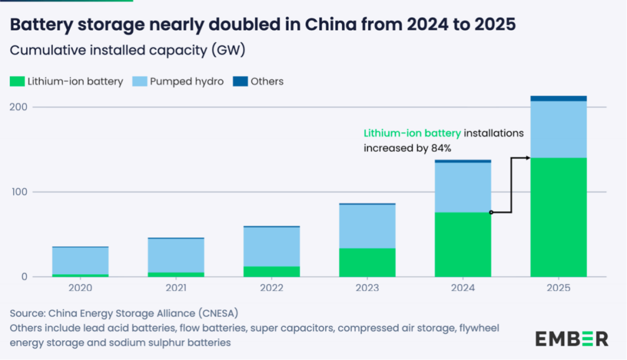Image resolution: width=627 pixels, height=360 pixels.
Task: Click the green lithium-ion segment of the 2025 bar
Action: tap(558, 217)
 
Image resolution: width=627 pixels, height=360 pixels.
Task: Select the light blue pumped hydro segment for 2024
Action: tap(463, 187)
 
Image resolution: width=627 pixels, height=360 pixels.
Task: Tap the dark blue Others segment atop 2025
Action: tap(558, 98)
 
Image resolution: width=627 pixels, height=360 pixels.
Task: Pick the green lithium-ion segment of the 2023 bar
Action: tap(367, 262)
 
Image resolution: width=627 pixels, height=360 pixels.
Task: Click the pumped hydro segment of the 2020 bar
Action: tap(80, 261)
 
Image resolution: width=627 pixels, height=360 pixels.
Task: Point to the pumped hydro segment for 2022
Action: tap(272, 247)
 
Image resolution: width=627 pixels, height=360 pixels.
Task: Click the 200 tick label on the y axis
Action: tap(19, 107)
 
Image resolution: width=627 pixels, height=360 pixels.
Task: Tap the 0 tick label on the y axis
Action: tap(24, 277)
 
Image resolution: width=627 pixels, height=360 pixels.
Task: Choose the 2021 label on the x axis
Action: tap(176, 287)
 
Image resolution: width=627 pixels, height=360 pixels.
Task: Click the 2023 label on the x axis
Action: tap(367, 287)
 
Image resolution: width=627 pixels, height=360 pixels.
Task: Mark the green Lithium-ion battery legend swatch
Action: tap(17, 81)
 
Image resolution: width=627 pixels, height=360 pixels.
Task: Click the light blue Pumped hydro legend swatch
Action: tap(139, 81)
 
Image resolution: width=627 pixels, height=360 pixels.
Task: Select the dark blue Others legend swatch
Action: tap(240, 81)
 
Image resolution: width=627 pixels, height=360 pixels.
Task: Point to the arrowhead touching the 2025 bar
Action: tap(528, 158)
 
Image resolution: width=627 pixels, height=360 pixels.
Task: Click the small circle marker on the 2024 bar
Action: tap(491, 213)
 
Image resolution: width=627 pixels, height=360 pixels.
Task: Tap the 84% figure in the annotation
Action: tap(441, 148)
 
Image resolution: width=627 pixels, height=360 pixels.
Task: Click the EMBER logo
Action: tap(572, 339)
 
